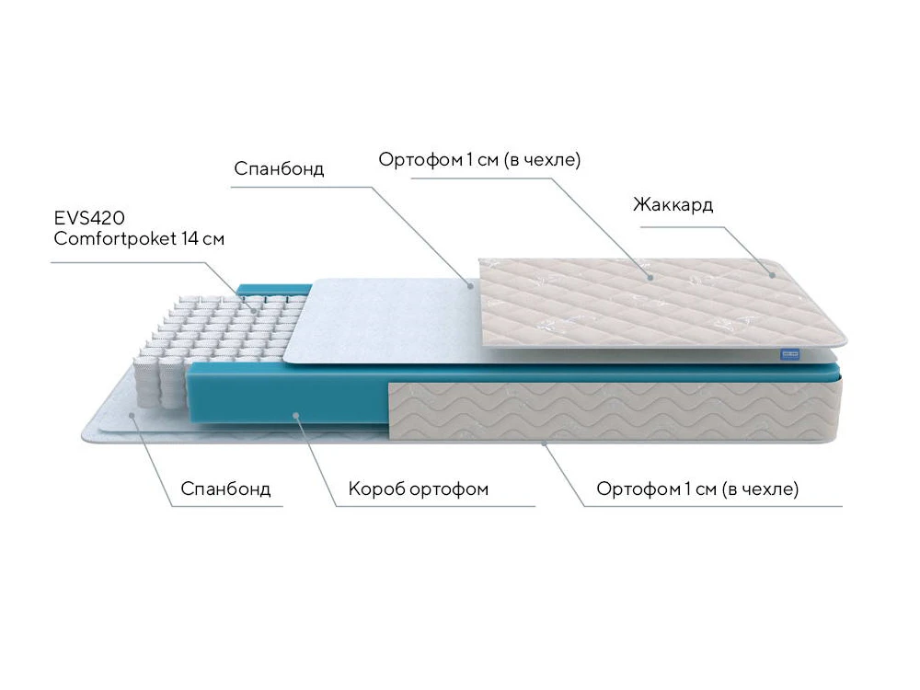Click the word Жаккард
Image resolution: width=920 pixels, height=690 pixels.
click(673, 204)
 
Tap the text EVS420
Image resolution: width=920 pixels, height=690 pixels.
click(89, 218)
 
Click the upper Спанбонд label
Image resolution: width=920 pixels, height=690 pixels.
click(279, 169)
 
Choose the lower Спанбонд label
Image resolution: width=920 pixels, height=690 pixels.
click(225, 489)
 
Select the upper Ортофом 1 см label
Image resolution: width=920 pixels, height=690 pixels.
click(479, 159)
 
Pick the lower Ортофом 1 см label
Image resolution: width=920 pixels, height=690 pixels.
click(697, 489)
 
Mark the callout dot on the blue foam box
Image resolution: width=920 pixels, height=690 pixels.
click(297, 415)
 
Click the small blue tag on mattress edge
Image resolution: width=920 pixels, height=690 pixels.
click(788, 352)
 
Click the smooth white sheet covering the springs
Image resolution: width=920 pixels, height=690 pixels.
click(386, 317)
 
